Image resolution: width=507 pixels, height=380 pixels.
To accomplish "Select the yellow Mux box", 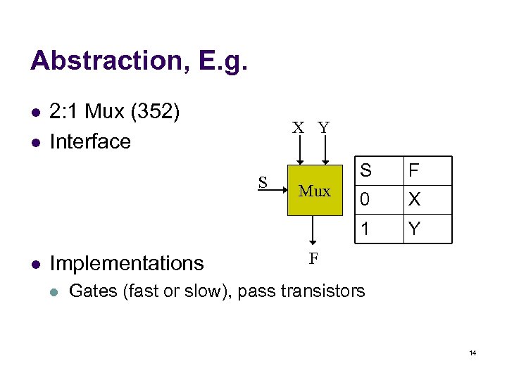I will pos(314,191).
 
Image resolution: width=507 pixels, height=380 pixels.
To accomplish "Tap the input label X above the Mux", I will pos(299,128).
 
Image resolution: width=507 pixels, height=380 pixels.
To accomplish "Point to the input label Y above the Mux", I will pos(323,128).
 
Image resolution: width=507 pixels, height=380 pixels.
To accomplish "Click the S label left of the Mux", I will pos(263,182).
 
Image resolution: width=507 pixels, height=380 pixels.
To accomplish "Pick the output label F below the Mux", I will pos(314,258).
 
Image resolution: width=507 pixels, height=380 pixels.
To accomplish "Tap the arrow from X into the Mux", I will pos(299,151).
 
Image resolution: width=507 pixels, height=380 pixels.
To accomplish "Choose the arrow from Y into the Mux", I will pos(324,151).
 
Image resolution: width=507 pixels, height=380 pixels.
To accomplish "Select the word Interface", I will pos(91,141).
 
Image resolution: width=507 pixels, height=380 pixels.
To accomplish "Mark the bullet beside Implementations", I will pos(35,264).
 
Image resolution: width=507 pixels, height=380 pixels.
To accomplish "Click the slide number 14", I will pos(472,353).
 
